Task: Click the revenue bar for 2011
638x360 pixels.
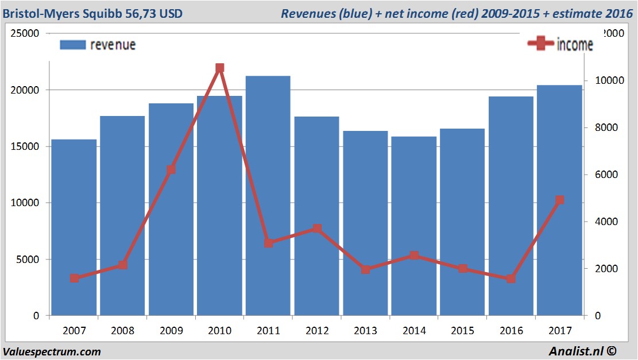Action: pos(268,195)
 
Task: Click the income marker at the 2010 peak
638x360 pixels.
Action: pos(219,68)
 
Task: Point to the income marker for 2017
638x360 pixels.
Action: pos(560,200)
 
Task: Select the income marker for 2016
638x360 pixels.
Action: pos(511,278)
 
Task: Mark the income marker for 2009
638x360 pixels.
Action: pos(171,170)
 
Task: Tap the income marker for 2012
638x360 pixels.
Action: pos(317,229)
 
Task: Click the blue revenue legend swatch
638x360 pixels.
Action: pos(72,45)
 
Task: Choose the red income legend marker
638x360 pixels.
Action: pos(540,44)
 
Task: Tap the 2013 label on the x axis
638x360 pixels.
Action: pos(365,331)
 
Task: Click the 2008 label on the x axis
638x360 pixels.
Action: pos(122,331)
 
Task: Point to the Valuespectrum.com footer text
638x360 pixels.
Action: pos(52,351)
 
